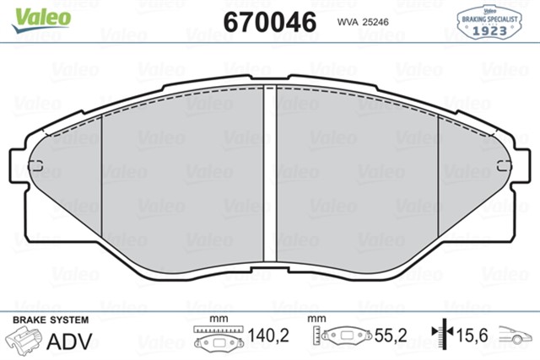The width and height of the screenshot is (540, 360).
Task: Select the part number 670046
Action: [x=268, y=21]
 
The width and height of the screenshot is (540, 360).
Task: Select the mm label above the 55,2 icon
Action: [x=317, y=319]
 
